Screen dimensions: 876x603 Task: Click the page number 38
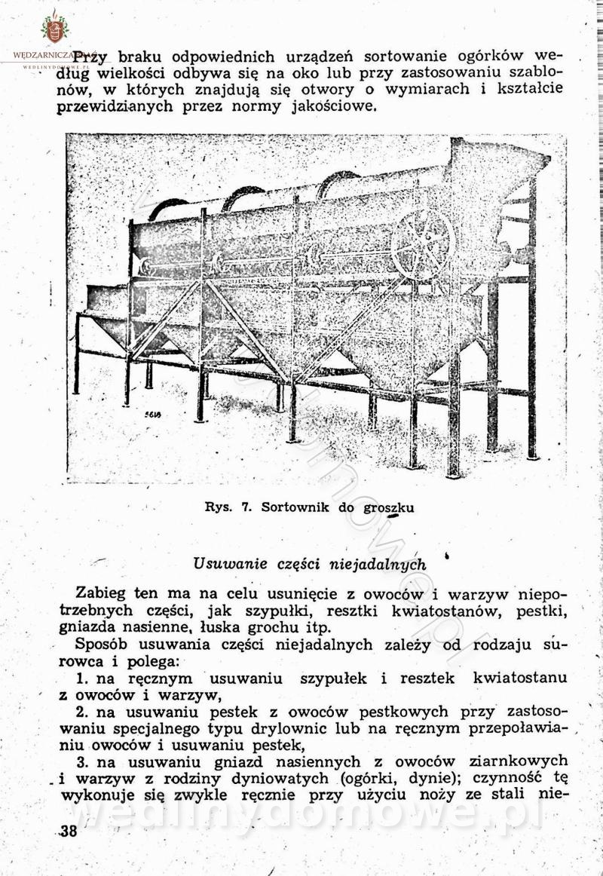pyautogui.click(x=68, y=831)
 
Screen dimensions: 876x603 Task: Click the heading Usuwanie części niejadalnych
pyautogui.click(x=309, y=564)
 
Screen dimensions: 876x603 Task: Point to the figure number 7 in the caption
pyautogui.click(x=246, y=507)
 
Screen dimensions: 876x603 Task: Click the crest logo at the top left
pyautogui.click(x=54, y=28)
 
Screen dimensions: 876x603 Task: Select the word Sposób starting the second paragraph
pyautogui.click(x=106, y=645)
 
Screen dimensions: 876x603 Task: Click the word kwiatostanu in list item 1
pyautogui.click(x=519, y=678)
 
